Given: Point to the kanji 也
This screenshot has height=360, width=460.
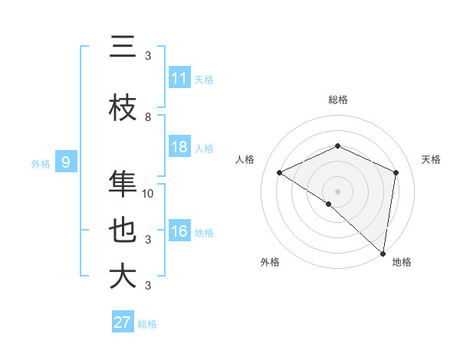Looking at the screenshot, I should pyautogui.click(x=123, y=231).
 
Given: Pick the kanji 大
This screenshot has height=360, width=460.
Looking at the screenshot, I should pyautogui.click(x=123, y=277).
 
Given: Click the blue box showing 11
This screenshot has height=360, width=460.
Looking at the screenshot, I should pyautogui.click(x=179, y=78).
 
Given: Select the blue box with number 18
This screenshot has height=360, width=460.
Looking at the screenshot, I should pyautogui.click(x=179, y=147).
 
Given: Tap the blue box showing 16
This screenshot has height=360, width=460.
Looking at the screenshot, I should pyautogui.click(x=179, y=232).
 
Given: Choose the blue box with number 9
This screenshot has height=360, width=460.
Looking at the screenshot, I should pyautogui.click(x=66, y=162).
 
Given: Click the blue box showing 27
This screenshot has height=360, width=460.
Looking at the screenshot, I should pyautogui.click(x=123, y=322).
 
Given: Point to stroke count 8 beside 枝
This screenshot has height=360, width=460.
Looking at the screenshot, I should pyautogui.click(x=148, y=116).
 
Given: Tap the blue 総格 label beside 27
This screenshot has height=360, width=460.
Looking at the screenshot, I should pyautogui.click(x=148, y=324).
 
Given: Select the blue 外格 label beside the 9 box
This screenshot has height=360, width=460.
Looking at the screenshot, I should pyautogui.click(x=40, y=163).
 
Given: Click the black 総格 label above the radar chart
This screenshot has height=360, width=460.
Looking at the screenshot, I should pyautogui.click(x=337, y=100).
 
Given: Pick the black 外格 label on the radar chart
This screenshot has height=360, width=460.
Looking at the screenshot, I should pyautogui.click(x=270, y=263).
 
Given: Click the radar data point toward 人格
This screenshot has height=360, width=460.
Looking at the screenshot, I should pyautogui.click(x=280, y=172).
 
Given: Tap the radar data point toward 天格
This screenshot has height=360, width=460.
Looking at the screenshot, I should pyautogui.click(x=396, y=172).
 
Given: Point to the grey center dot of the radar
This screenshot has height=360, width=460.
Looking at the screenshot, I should pyautogui.click(x=337, y=191).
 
